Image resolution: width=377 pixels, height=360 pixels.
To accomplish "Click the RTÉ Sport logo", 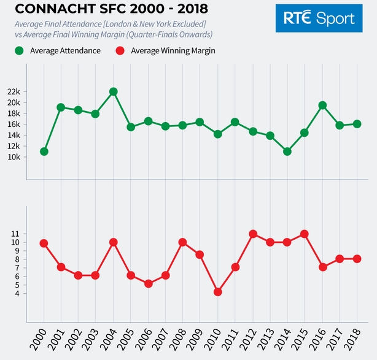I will click(x=319, y=19).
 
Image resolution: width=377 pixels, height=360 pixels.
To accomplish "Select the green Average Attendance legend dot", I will click(x=20, y=51).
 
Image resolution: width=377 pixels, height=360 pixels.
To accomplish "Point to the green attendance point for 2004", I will click(x=113, y=91).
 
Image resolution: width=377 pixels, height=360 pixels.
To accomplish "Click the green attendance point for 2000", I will click(x=44, y=151).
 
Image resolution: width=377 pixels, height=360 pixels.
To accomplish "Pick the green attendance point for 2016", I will click(x=322, y=105).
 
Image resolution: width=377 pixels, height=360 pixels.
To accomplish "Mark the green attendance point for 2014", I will click(x=287, y=151).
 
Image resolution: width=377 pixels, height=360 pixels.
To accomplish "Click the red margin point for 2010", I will click(x=217, y=292).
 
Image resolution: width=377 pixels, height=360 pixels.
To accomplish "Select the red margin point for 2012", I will click(x=252, y=234).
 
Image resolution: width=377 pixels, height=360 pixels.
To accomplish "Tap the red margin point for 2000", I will click(x=44, y=243).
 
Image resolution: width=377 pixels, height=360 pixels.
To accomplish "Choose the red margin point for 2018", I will click(x=357, y=259).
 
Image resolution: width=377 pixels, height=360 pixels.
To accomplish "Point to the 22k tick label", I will click(x=14, y=91).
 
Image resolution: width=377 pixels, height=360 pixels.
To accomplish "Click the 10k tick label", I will click(x=14, y=157).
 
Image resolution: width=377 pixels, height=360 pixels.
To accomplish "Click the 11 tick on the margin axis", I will click(x=15, y=234).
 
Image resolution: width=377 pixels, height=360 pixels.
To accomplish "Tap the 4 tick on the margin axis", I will click(x=17, y=293).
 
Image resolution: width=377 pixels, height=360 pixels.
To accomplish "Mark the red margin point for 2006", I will click(x=148, y=284).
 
